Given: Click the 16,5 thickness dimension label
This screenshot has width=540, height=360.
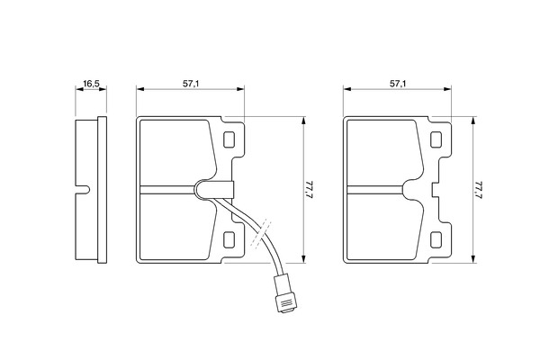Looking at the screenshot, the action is (91, 84).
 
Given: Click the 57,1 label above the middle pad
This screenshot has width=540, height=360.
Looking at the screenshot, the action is (191, 84).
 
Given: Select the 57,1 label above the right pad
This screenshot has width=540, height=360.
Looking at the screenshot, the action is (398, 84).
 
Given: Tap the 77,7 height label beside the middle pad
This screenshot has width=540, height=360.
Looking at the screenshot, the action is (310, 190).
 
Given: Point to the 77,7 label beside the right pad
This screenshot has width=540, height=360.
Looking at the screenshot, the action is (479, 190).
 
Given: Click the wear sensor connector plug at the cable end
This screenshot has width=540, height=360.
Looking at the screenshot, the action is (284, 294).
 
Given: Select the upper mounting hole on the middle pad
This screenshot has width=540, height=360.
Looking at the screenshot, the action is (229, 139).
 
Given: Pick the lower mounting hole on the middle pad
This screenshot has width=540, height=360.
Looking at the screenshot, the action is (229, 239).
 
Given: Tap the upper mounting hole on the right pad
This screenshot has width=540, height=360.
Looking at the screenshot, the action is (436, 139).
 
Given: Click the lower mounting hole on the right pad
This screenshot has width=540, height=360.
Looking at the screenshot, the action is (436, 239).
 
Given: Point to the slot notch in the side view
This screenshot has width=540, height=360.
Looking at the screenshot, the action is (83, 189).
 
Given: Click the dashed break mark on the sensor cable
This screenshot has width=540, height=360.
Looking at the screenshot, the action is (261, 233).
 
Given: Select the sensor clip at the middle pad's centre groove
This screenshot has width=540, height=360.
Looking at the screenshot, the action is (214, 189).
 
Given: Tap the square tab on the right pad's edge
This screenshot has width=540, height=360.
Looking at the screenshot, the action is (435, 190).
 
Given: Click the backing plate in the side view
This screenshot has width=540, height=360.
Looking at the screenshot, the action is (103, 190).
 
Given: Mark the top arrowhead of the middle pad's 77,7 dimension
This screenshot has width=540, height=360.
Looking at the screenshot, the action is (303, 121).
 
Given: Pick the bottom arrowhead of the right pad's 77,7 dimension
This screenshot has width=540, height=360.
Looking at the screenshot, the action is (473, 259).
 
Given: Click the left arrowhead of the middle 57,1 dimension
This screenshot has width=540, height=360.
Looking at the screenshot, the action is (140, 89).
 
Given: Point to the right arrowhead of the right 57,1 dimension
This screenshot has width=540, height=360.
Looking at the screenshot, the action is (447, 89).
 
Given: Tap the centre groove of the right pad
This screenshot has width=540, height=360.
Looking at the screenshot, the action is (375, 190).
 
